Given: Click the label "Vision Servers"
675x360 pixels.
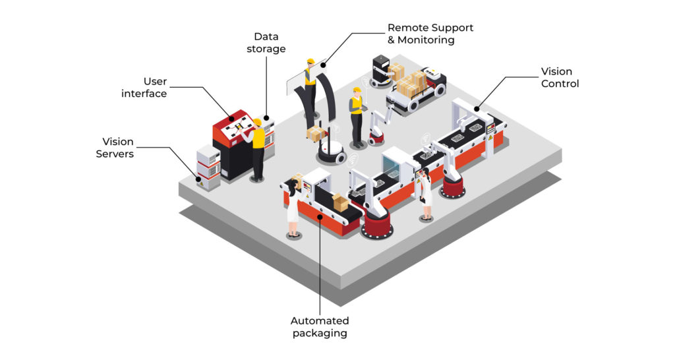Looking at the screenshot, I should coord(118,148).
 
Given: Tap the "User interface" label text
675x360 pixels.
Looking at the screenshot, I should coord(144,87).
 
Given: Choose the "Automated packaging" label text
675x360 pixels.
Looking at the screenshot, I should coord(320,326).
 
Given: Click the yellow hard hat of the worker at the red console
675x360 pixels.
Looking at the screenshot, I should coord(256,123).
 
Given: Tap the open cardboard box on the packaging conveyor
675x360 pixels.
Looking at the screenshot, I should coord(340,202).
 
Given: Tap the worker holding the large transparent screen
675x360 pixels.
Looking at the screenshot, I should coord(310,86).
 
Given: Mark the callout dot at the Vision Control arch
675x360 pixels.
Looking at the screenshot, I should coord(475,108).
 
